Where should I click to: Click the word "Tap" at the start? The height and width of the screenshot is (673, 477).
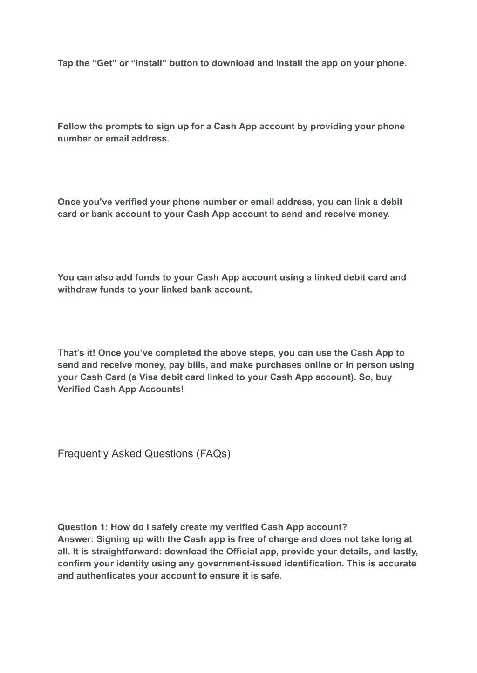pyautogui.click(x=65, y=63)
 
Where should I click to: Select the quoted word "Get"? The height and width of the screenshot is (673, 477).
pyautogui.click(x=105, y=63)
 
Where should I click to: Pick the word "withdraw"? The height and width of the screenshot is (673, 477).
pyautogui.click(x=77, y=289)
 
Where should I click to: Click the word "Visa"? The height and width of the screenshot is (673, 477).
pyautogui.click(x=149, y=377)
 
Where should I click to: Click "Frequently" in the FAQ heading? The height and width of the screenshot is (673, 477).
pyautogui.click(x=83, y=454)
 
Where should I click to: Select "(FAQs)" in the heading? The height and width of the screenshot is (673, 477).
pyautogui.click(x=213, y=454)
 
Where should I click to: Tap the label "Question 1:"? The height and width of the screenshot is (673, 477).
pyautogui.click(x=82, y=527)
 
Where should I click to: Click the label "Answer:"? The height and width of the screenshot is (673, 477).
pyautogui.click(x=75, y=539)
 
